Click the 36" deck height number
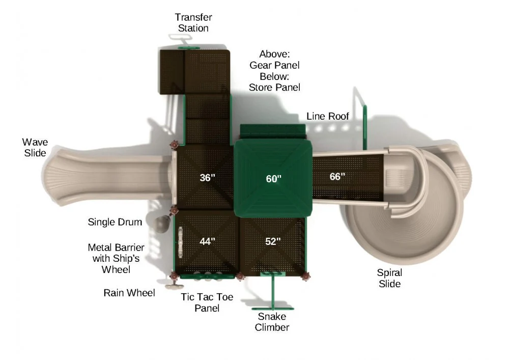pyautogui.click(x=207, y=178)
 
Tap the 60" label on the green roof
pyautogui.click(x=273, y=179)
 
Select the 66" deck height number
pyautogui.click(x=337, y=177)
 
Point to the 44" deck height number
pyautogui.click(x=207, y=241)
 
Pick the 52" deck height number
pyautogui.click(x=273, y=241)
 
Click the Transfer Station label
pyautogui.click(x=193, y=23)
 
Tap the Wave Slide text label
pyautogui.click(x=34, y=147)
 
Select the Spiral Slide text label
pyautogui.click(x=389, y=278)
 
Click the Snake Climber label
pyautogui.click(x=272, y=322)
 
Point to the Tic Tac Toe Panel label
pyautogui.click(x=207, y=302)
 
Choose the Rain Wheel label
pyautogui.click(x=129, y=293)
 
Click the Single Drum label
pyautogui.click(x=115, y=222)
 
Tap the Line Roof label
pyautogui.click(x=328, y=117)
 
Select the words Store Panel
pyautogui.click(x=274, y=88)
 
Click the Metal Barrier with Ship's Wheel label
pyautogui.click(x=116, y=258)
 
